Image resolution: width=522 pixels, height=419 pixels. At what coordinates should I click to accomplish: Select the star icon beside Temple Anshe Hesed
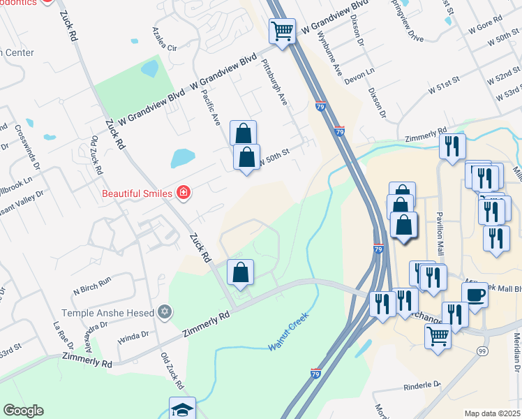pos(165,312)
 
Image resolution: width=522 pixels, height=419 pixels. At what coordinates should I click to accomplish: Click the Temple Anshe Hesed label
pos(107,313)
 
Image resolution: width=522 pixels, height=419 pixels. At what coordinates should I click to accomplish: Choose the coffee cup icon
pos(475,295)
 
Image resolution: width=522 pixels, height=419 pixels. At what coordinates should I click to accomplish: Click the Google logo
pos(23,411)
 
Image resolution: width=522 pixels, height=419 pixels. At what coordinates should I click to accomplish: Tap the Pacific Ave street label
pos(210,108)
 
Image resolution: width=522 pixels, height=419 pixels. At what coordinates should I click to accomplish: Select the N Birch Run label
pos(92,282)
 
